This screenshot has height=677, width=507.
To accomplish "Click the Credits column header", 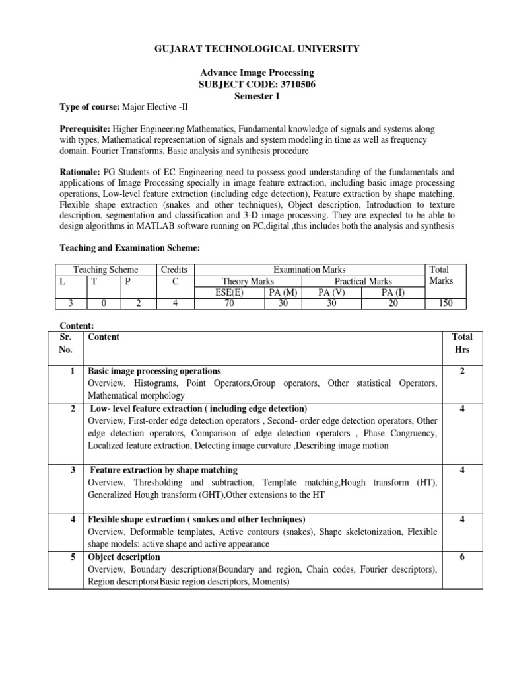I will pos(174,270).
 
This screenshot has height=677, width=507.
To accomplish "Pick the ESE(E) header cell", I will pos(229,292).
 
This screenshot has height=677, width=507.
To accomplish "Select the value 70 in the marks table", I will pos(229,303).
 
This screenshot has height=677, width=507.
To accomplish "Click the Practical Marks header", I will pos(362,281).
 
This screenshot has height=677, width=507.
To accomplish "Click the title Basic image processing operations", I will pos(154,371).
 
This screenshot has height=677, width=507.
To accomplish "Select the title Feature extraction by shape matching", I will pos(163,470).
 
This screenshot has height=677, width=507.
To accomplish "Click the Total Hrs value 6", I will pos(462,557).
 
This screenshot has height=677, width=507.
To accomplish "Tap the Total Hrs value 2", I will pos(462,371).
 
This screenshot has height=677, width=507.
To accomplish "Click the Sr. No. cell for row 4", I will pos(71,519).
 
